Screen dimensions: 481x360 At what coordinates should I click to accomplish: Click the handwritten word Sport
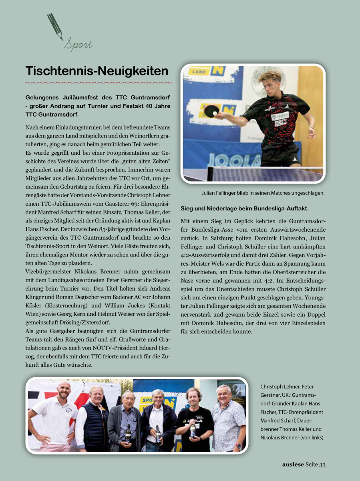tap(78, 44)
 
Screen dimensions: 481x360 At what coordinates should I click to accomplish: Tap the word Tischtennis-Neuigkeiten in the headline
tap(97, 71)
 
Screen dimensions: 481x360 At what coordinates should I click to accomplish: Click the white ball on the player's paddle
tap(215, 114)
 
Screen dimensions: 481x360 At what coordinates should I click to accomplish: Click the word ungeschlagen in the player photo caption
tap(307, 193)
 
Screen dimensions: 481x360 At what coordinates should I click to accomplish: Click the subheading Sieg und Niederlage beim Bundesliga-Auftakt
tap(244, 208)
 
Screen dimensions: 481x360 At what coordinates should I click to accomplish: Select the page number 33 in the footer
tap(322, 465)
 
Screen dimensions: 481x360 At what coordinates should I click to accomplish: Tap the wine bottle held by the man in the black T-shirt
tap(193, 430)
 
